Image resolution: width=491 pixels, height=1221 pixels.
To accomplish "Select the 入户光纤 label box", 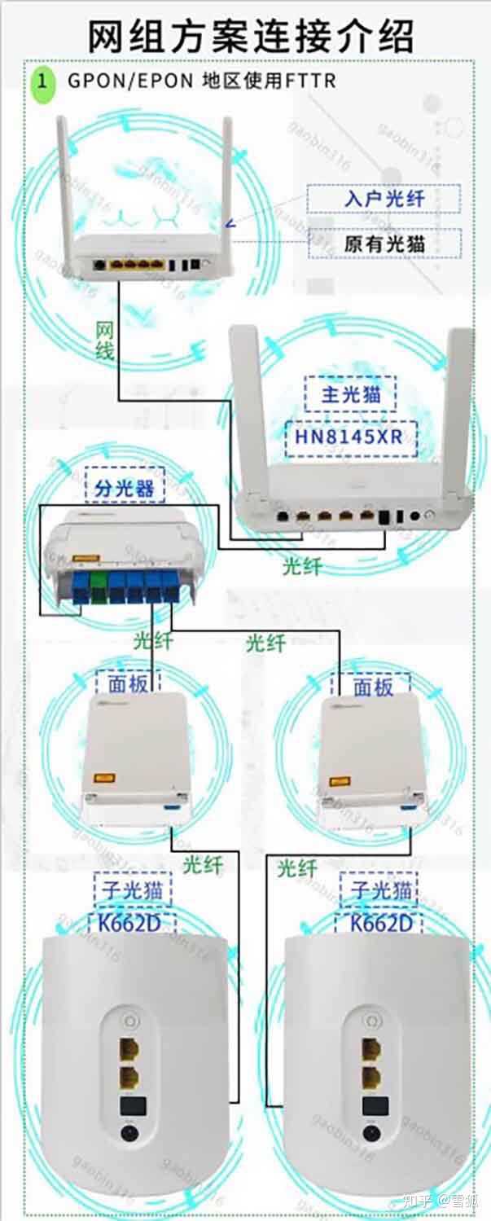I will tap(384, 198).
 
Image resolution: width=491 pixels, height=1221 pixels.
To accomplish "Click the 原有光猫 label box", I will tap(384, 243).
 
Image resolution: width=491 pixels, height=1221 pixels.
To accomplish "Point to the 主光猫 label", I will tap(351, 395).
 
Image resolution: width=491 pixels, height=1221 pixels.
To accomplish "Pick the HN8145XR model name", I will tap(351, 440).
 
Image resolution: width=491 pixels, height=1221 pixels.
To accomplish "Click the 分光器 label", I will tap(124, 488).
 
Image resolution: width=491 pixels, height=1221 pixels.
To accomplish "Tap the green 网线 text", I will tap(105, 340).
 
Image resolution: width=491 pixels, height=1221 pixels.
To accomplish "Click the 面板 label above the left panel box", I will tap(128, 683).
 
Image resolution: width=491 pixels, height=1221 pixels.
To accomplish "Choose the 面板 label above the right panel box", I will tap(374, 687).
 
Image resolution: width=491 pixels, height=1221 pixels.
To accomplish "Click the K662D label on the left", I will tap(132, 923).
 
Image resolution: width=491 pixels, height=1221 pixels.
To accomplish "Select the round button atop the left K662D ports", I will tap(127, 1019).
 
